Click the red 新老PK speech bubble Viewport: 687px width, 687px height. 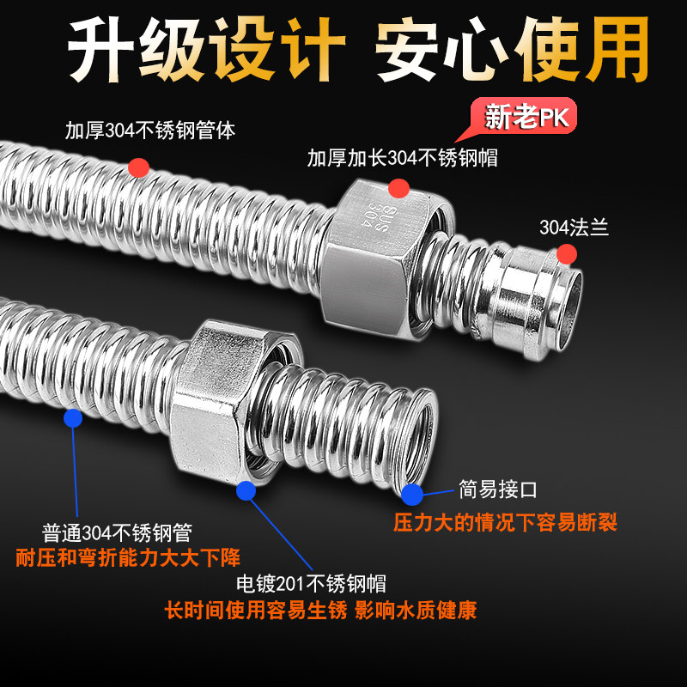524,116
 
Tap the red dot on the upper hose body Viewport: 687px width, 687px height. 139,167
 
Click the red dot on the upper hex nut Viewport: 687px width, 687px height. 398,188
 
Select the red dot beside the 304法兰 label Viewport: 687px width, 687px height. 567,254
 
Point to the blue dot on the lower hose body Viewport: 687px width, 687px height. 73,418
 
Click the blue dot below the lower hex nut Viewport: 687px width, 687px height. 246,490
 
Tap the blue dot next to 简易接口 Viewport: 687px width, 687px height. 412,495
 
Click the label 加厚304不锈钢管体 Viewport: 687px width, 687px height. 149,131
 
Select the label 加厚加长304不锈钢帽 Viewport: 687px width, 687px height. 402,158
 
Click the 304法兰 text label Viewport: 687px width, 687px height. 574,228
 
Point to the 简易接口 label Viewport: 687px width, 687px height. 498,489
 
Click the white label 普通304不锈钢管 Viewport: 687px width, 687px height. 117,533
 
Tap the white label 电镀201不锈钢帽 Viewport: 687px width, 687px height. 311,584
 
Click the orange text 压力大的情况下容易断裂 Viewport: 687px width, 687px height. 505,522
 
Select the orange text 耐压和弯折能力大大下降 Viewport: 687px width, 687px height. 128,557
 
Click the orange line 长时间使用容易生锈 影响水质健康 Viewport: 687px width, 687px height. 320,611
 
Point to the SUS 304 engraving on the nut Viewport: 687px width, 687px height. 380,216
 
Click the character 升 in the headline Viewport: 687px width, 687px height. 100,49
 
